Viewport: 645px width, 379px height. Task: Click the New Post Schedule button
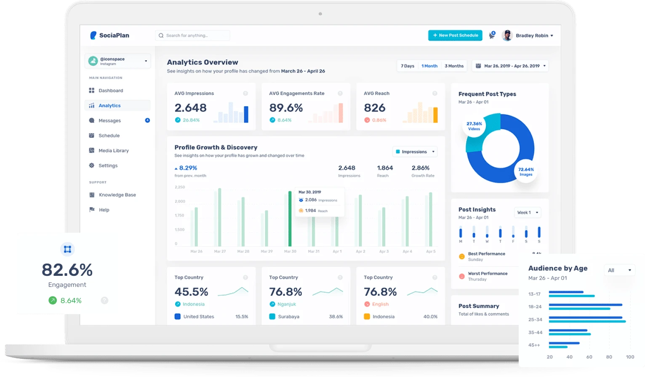tap(455, 35)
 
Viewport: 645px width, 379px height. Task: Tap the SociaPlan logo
tap(110, 35)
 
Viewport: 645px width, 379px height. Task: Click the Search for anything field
tap(193, 35)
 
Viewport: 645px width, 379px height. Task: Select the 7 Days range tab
tap(407, 66)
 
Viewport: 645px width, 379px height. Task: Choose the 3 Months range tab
tap(454, 66)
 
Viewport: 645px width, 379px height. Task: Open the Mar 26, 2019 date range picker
tap(510, 66)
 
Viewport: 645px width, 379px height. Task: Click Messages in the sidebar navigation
tap(109, 121)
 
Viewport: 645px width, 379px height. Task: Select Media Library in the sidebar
tap(113, 151)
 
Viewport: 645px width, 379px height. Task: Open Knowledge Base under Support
tap(117, 195)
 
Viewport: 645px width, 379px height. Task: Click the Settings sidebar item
tap(108, 166)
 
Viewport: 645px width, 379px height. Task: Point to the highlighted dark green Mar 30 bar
tap(290, 219)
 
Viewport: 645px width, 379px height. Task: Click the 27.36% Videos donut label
tap(474, 126)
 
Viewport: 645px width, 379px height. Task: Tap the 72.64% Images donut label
tap(526, 171)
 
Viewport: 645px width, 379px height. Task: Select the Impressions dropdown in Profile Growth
tap(415, 152)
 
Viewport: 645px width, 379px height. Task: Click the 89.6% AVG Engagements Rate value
tap(286, 108)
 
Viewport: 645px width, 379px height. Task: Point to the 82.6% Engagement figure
tap(67, 270)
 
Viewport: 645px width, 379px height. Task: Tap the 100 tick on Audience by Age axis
tap(630, 357)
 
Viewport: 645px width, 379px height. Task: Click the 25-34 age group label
tap(535, 320)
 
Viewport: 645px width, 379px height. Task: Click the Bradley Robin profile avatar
tap(507, 35)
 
